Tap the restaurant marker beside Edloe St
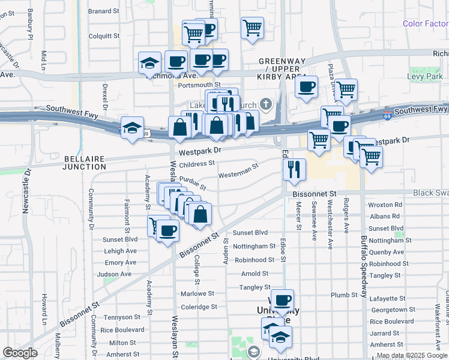click(294, 169)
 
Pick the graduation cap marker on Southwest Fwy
click(131, 128)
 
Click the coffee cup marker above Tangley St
click(282, 300)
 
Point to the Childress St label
click(196, 163)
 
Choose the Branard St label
click(103, 11)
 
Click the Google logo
click(20, 353)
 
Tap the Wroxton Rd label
click(385, 205)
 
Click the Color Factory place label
click(425, 23)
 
